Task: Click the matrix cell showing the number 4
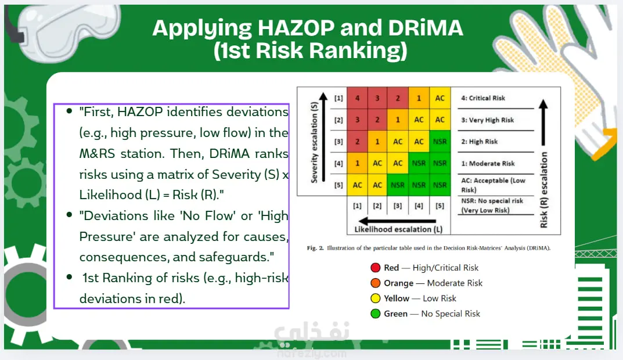(357, 98)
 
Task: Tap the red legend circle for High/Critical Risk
(376, 268)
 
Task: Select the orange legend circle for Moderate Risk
(376, 283)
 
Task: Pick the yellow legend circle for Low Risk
(376, 298)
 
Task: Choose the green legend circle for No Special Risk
(376, 314)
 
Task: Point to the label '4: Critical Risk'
(482, 98)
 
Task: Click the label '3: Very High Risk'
(487, 120)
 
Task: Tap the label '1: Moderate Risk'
(488, 163)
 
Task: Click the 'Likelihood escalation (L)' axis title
(398, 229)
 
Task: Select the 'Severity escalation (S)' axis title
(314, 142)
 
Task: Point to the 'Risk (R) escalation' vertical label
(543, 190)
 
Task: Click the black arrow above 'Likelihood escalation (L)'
(397, 221)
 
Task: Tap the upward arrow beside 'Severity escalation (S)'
(323, 137)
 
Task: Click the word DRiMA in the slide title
(426, 28)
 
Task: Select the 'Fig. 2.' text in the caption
(315, 248)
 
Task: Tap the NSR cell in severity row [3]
(440, 142)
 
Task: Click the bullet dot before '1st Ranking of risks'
(69, 277)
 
